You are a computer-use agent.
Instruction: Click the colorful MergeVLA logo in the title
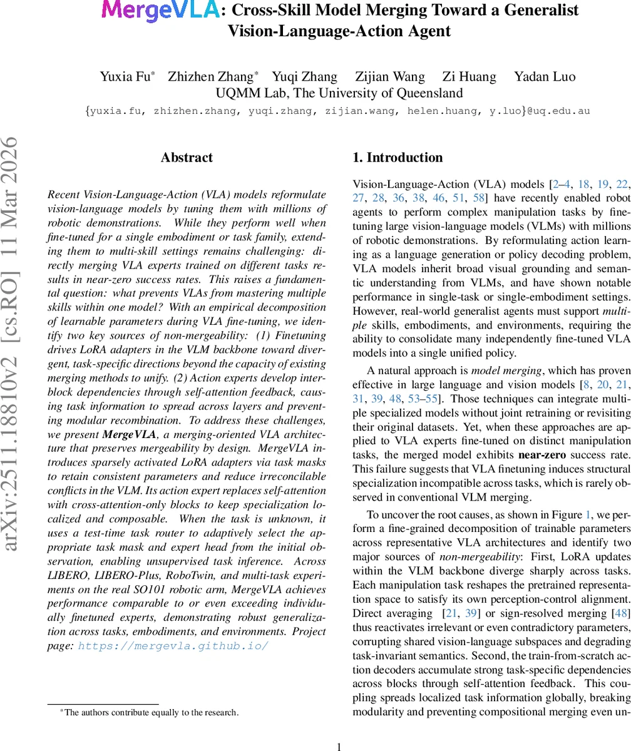pos(160,11)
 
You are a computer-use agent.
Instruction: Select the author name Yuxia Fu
pos(126,77)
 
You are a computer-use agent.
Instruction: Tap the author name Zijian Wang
pos(389,77)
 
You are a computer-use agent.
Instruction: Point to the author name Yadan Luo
pos(544,77)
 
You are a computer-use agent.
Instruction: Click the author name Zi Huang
pos(469,77)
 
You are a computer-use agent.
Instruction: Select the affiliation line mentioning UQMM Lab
pos(339,93)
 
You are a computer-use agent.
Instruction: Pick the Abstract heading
pos(187,158)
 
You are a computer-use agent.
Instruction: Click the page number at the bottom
pos(339,729)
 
